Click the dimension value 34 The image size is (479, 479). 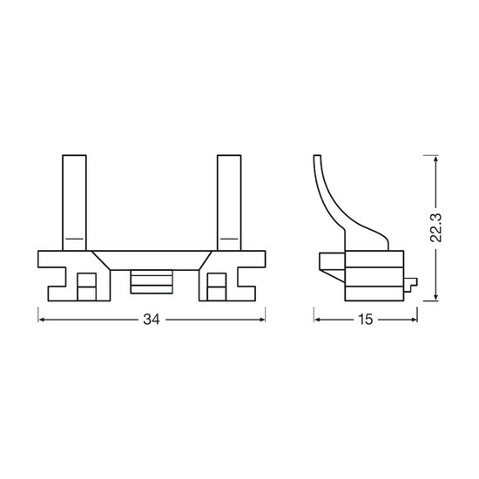152,320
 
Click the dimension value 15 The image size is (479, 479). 366,320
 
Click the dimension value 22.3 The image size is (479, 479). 435,228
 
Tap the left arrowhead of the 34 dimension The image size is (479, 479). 42,320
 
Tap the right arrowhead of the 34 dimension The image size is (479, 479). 261,320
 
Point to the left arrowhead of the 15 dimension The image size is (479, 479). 318,320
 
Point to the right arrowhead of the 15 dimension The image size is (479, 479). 414,320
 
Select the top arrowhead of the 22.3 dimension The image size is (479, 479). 436,159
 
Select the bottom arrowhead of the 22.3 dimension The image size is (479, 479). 436,297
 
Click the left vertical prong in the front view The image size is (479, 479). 75,203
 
